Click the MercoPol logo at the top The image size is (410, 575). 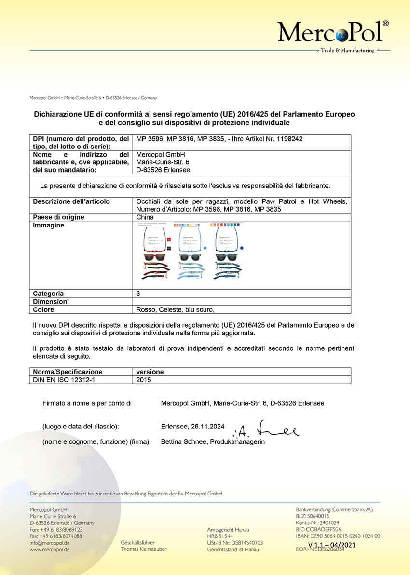click(x=332, y=33)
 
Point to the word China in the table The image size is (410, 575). click(x=145, y=217)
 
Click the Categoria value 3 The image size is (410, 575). click(x=138, y=294)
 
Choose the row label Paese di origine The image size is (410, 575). click(x=58, y=217)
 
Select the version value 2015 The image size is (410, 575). click(x=144, y=380)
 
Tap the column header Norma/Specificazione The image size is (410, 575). click(x=68, y=372)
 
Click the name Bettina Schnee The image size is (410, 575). click(x=183, y=441)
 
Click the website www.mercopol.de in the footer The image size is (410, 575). click(x=50, y=549)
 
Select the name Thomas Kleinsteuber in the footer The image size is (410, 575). click(x=144, y=549)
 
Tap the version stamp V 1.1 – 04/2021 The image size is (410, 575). click(x=331, y=545)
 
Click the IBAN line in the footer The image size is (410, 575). click(x=338, y=536)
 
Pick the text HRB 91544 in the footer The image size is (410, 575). click(x=220, y=536)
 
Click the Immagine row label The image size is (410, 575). click(x=48, y=226)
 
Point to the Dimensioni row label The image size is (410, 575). click(x=51, y=302)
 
